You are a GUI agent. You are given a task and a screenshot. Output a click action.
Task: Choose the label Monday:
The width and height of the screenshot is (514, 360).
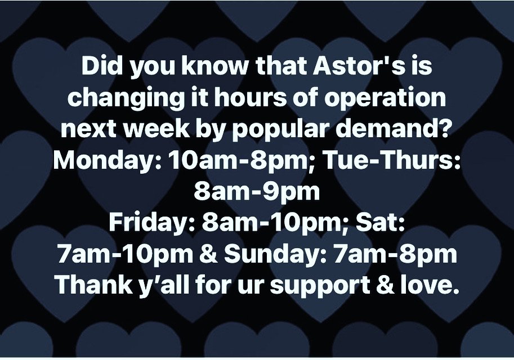coord(107,161)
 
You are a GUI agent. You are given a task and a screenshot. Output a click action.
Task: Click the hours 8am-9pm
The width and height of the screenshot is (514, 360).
coord(257,193)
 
